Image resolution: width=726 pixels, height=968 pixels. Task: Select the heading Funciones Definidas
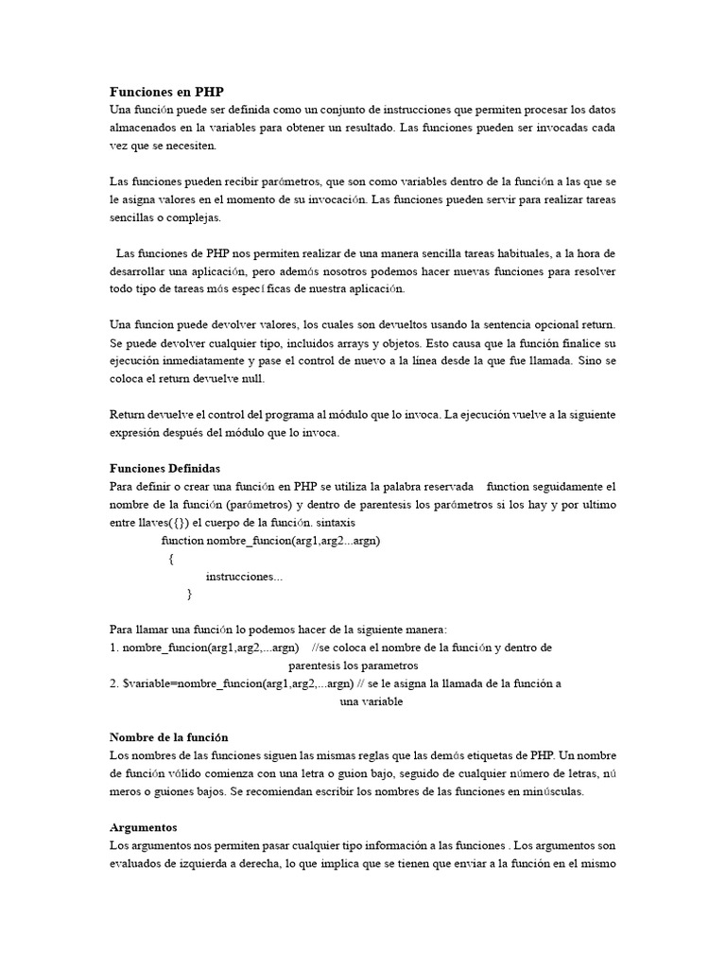(164, 468)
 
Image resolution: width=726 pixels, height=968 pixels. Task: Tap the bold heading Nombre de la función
(169, 736)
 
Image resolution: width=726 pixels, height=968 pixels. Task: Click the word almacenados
(147, 129)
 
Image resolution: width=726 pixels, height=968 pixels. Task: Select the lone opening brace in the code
(171, 558)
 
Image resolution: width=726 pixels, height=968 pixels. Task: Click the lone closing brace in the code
(189, 594)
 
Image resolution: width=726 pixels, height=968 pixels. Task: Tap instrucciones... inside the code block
(244, 576)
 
